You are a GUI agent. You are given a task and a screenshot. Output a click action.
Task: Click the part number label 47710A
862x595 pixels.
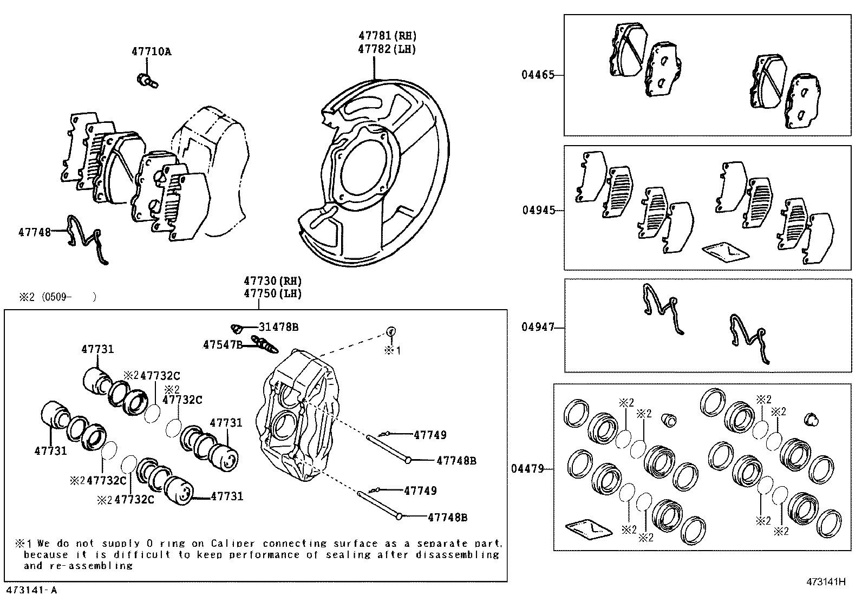[x=151, y=51]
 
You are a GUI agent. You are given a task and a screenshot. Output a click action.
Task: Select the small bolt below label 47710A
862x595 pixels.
[x=146, y=81]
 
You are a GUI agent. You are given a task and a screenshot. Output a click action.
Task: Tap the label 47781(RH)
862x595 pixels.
[x=387, y=36]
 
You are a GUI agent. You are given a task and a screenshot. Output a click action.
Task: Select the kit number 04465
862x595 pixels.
[x=538, y=75]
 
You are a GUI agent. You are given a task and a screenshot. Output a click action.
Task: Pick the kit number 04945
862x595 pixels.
[x=538, y=210]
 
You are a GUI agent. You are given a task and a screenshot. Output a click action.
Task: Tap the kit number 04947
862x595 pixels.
[x=538, y=327]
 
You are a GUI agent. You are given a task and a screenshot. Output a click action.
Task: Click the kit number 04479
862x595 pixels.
[x=527, y=468]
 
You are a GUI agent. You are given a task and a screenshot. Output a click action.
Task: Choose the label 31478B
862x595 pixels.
[x=278, y=327]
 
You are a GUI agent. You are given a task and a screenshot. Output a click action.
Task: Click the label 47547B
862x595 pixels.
[x=223, y=344]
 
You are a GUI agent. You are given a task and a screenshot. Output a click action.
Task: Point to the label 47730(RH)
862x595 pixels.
[x=272, y=281]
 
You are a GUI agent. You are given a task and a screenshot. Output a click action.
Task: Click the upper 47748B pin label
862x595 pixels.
[x=456, y=461]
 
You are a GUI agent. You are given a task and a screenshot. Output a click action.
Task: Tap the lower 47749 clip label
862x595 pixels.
[x=420, y=491]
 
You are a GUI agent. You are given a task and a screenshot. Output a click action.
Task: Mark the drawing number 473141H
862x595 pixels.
[x=826, y=582]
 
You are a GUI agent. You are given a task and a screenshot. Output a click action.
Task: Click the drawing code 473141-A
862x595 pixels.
[x=31, y=590]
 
